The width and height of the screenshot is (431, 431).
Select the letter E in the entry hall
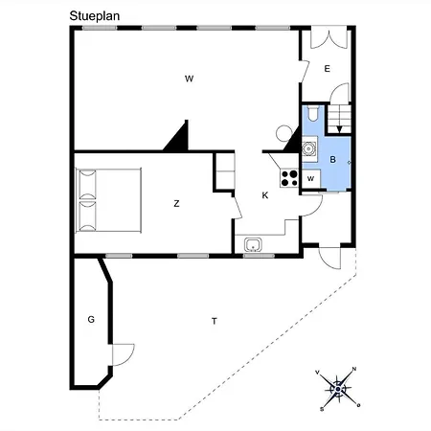327,69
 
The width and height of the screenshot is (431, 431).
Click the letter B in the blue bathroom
332,159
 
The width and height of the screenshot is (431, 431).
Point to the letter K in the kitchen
265,195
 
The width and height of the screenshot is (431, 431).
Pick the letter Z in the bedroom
177,203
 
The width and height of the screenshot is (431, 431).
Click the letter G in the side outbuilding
91,319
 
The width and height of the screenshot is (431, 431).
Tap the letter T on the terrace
214,322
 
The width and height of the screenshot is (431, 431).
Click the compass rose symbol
339,388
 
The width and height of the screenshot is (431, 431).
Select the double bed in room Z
108,200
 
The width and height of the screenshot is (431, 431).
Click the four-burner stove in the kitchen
288,177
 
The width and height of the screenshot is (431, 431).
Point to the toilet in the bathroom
315,116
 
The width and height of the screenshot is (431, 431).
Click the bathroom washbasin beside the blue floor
309,147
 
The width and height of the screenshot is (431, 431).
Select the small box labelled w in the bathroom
311,179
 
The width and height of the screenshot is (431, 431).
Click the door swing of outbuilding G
122,354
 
